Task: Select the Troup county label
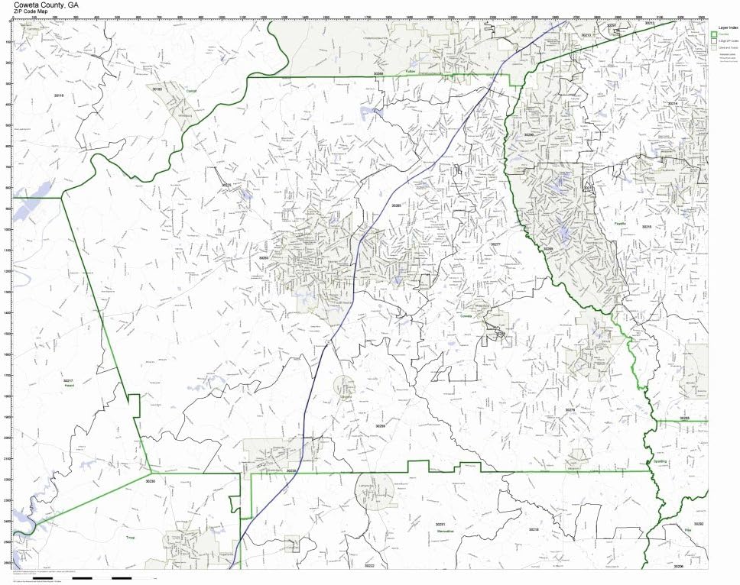[130, 538]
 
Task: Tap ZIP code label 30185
[157, 89]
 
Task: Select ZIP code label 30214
[673, 103]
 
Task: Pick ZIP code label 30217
[68, 380]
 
